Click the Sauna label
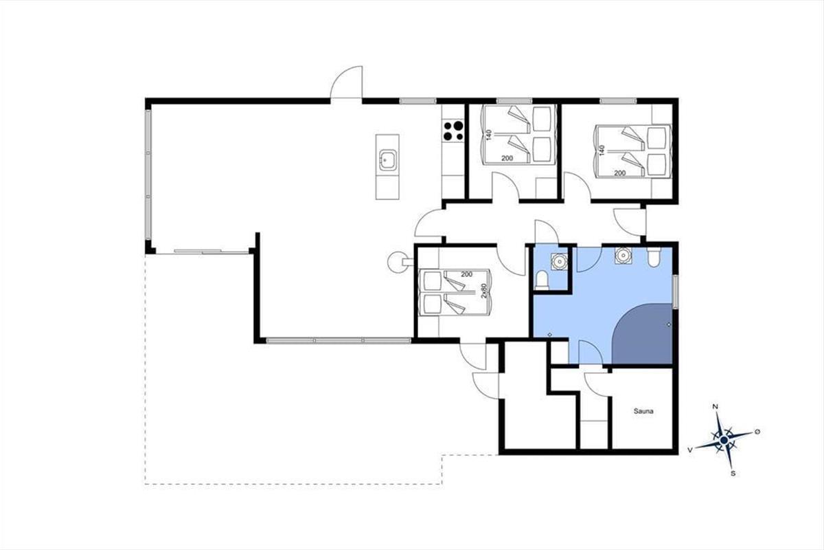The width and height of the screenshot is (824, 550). tap(643, 411)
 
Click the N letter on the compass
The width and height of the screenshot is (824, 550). tap(716, 407)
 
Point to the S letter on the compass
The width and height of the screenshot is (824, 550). tap(733, 474)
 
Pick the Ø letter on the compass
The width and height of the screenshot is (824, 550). tap(757, 431)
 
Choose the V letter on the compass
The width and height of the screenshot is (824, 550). tap(690, 450)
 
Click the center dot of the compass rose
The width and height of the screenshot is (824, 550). tap(724, 440)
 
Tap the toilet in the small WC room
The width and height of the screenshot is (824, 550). tap(542, 280)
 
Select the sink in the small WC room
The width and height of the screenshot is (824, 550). tap(559, 261)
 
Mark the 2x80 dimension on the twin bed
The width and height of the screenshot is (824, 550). tap(484, 290)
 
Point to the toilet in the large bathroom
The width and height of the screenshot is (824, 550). tap(654, 256)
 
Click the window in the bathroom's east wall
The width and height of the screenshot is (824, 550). tap(676, 291)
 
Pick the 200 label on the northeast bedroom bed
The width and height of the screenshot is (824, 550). tap(620, 173)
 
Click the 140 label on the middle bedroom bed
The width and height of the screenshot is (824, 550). tap(489, 135)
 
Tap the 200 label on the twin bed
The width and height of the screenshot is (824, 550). tap(466, 274)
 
